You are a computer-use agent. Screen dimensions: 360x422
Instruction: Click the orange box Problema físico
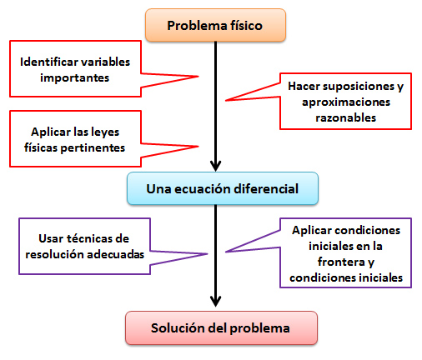click(215, 25)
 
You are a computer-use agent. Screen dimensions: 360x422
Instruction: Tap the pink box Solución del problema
click(220, 327)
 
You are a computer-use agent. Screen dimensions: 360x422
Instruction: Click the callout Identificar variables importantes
click(74, 68)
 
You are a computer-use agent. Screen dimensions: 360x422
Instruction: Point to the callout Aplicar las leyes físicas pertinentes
click(74, 139)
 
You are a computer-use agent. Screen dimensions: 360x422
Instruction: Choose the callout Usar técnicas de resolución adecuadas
click(83, 244)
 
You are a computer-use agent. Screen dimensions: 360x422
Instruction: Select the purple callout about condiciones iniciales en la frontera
click(345, 253)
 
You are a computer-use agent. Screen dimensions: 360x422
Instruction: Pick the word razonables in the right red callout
click(345, 117)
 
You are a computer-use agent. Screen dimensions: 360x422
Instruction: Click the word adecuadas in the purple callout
click(115, 252)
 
